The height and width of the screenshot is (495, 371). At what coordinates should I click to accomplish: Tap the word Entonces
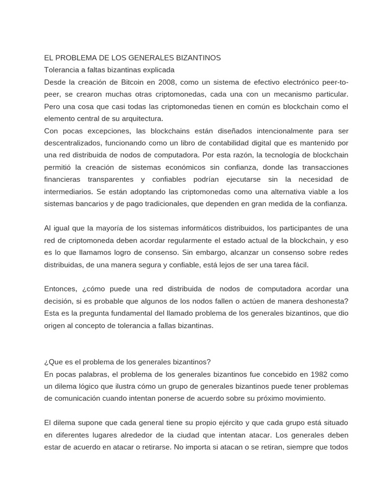pos(60,289)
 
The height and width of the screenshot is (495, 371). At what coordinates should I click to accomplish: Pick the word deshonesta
pos(322,301)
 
